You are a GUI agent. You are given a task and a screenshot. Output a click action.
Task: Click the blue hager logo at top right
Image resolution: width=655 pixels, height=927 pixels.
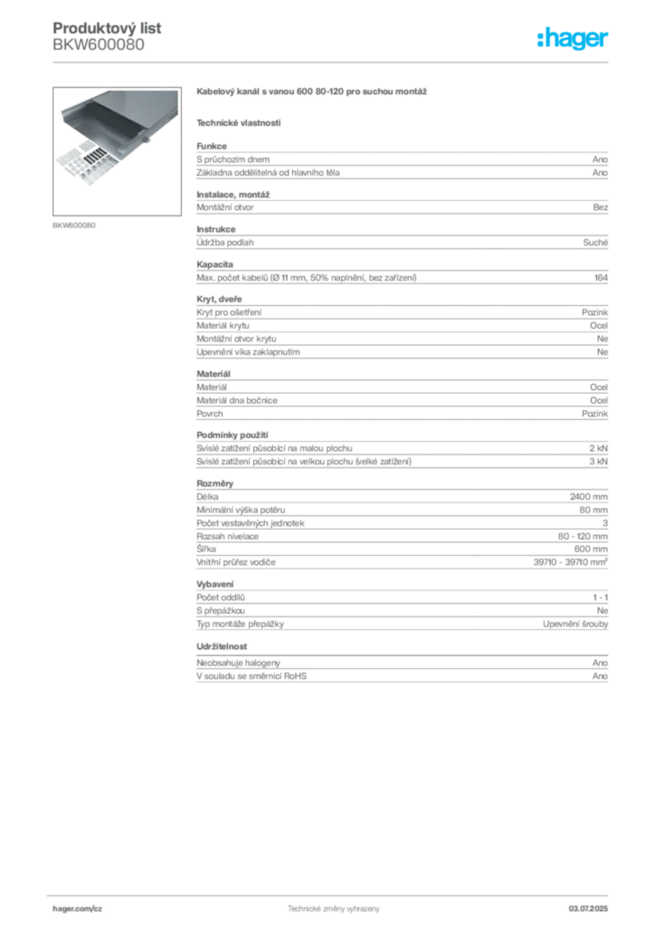point(574,39)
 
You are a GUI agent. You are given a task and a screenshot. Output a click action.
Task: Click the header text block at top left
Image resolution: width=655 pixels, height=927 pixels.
point(109,36)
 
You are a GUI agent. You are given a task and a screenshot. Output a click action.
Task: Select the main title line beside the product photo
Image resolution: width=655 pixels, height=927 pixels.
point(315,93)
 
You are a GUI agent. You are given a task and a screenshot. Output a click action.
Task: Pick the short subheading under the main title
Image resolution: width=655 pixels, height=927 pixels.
point(240,121)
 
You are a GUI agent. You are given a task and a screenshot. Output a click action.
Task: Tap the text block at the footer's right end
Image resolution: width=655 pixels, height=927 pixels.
point(594,906)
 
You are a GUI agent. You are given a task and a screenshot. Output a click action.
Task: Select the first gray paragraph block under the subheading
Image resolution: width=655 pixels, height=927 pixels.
point(402,163)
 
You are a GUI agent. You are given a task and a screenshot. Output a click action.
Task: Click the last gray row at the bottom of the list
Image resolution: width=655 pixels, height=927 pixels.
point(402,671)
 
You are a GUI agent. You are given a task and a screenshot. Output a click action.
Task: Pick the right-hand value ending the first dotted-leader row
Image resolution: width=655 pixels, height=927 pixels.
point(600,207)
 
